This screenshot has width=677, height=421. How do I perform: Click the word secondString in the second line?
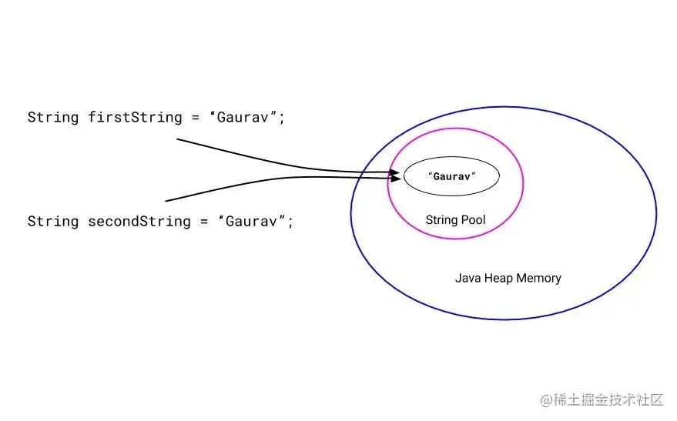(136, 222)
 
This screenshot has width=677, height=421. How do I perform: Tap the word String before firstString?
(52, 118)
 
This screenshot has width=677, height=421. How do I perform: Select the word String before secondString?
(52, 222)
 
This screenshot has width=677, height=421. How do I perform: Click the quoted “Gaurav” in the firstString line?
(245, 118)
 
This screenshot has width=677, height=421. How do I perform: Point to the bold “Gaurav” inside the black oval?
(452, 176)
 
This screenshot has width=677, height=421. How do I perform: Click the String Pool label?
(455, 220)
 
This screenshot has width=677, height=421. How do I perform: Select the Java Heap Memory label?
(508, 278)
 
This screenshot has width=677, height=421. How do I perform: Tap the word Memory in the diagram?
(539, 278)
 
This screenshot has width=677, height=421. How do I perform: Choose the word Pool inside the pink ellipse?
(473, 220)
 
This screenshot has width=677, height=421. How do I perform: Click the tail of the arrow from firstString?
(179, 139)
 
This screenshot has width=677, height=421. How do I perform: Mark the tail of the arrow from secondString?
(167, 201)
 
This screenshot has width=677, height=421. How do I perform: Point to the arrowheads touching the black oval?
(397, 175)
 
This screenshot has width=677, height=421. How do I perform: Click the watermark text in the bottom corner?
(601, 399)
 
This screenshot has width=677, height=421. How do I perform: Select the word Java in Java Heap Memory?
(468, 278)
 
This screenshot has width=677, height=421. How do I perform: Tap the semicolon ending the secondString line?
(291, 222)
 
